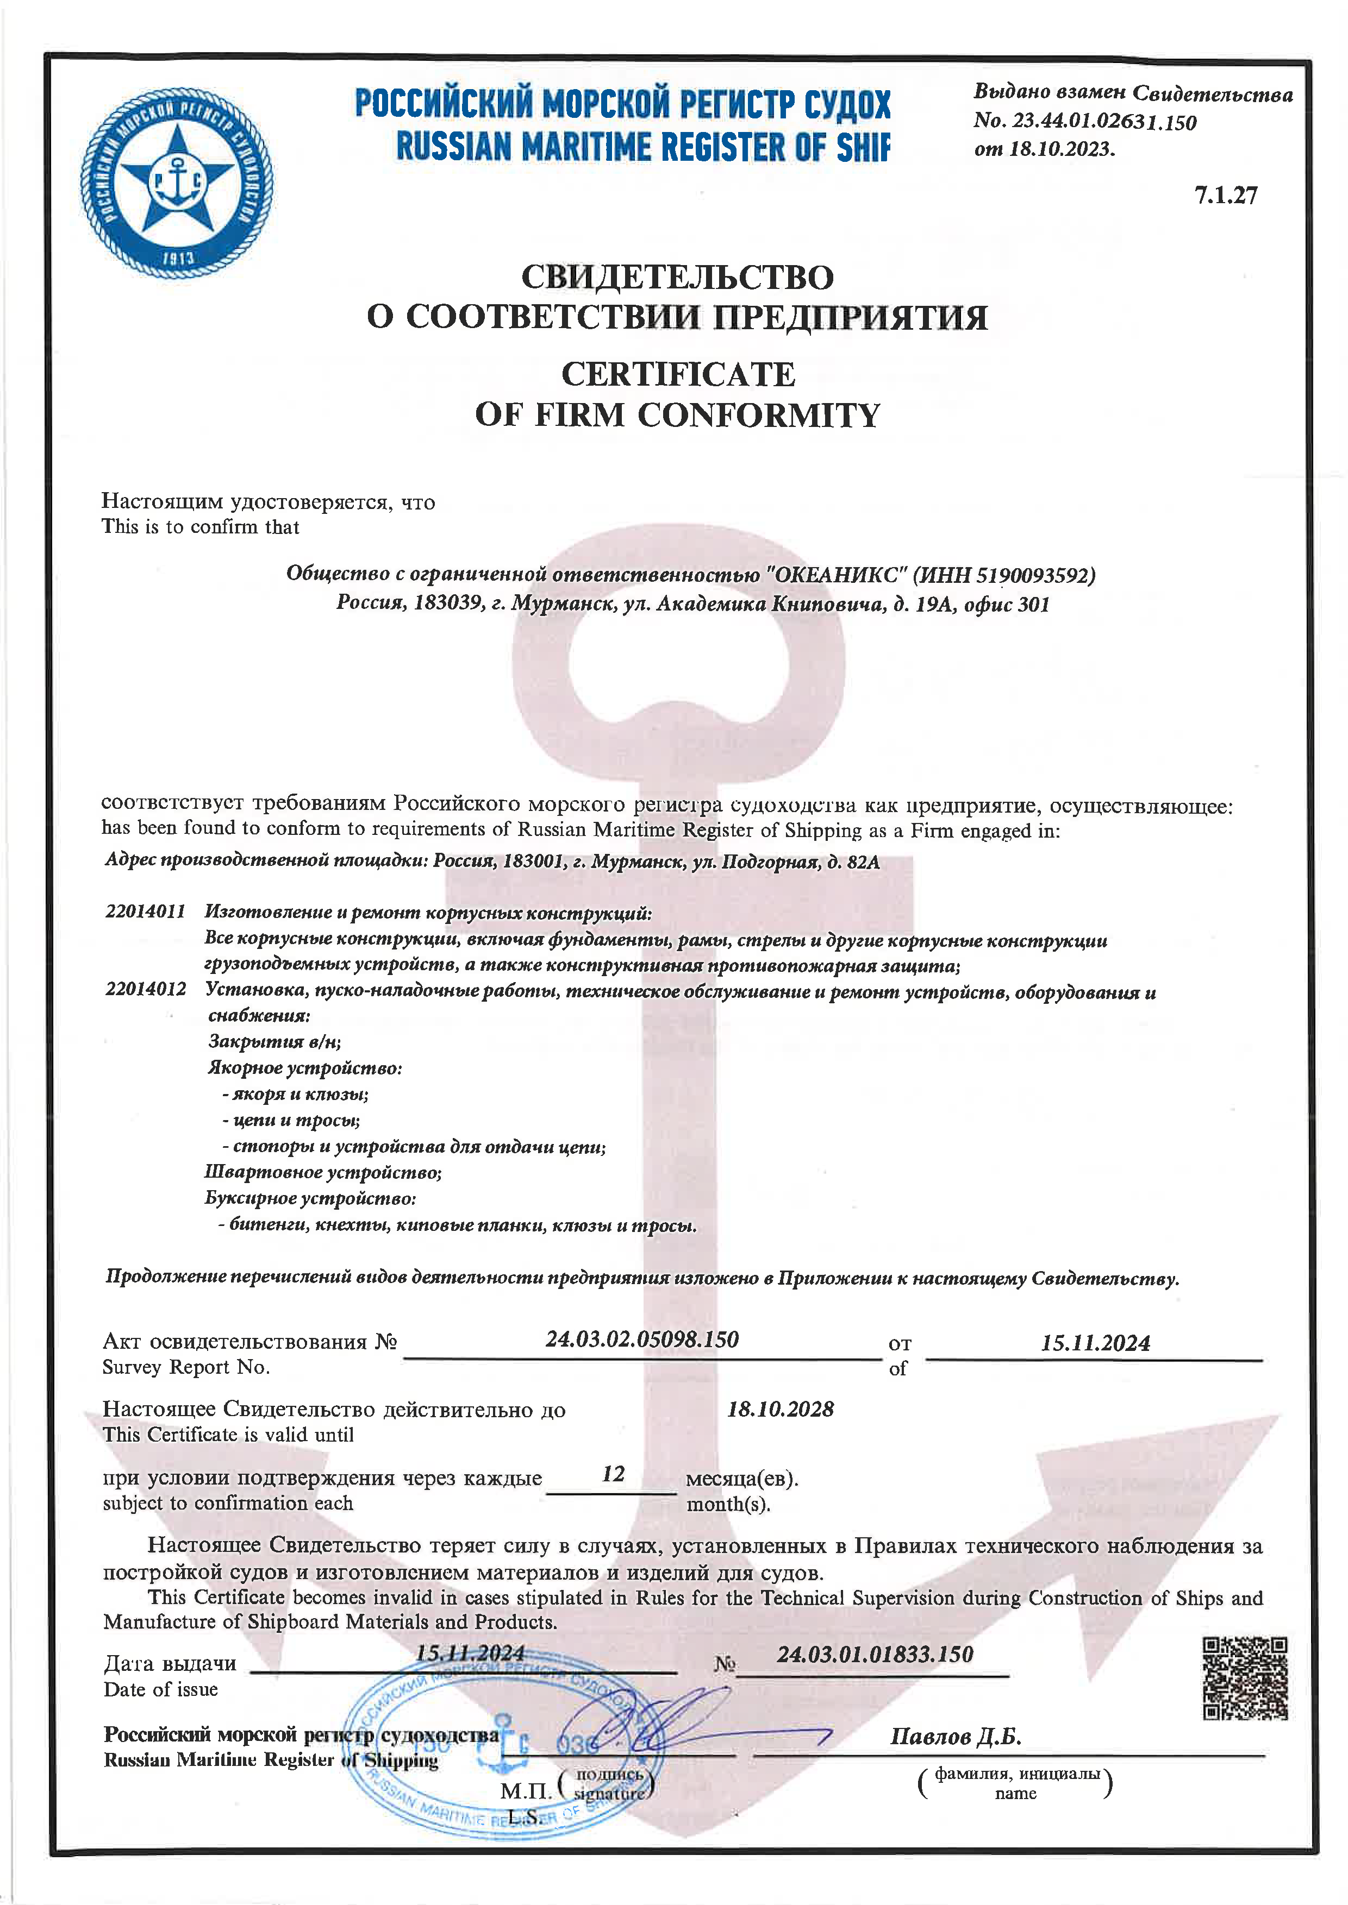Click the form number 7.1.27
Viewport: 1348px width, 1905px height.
[x=1226, y=195]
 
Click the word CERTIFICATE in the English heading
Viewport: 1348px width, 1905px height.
[x=678, y=374]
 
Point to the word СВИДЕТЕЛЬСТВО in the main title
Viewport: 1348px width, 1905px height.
[x=677, y=277]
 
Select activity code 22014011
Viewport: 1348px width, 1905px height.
[x=145, y=912]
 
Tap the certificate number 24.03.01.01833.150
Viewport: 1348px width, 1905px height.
[x=875, y=1655]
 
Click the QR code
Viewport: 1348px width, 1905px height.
[x=1244, y=1677]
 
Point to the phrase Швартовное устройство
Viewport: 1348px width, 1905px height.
[x=323, y=1172]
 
